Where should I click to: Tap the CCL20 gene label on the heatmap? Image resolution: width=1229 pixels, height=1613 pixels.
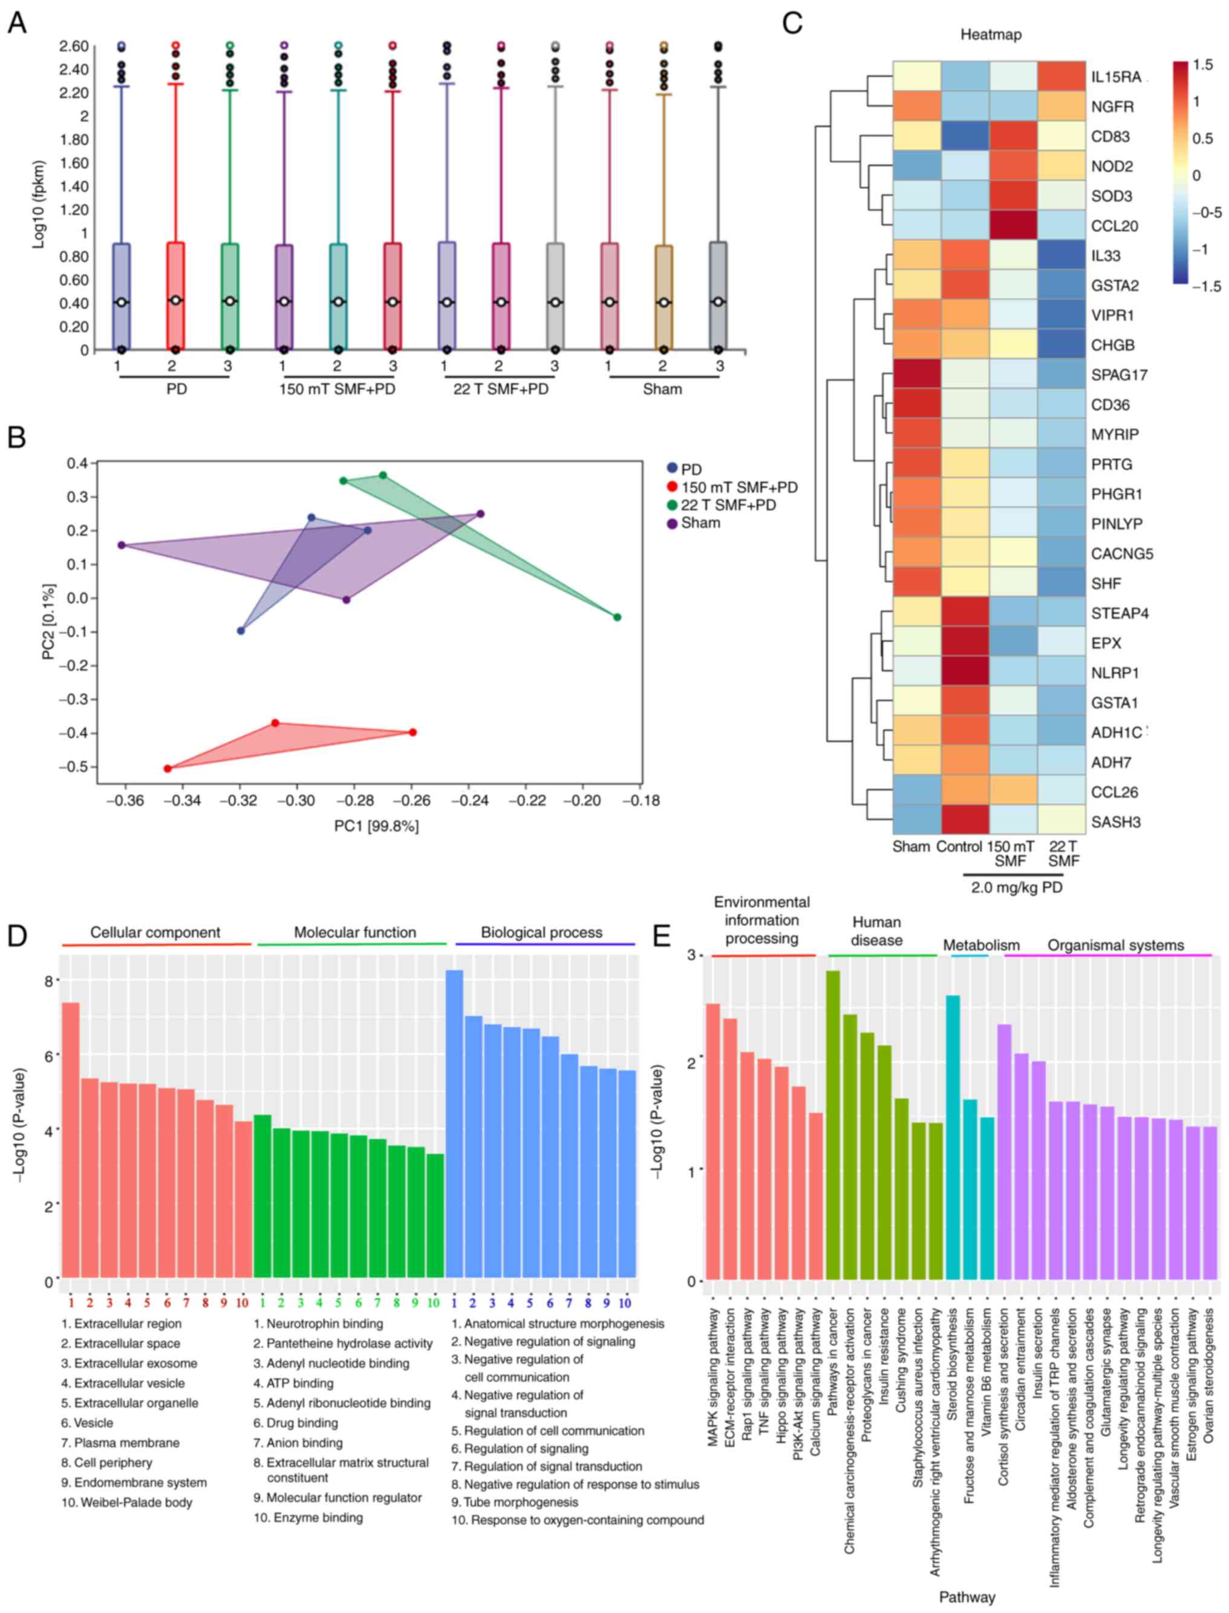[1114, 226]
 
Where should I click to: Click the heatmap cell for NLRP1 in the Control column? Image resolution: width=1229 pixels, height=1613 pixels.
[965, 672]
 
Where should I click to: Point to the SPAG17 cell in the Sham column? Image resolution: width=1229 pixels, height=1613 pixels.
[917, 375]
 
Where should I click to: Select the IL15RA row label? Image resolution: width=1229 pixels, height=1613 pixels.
[1117, 77]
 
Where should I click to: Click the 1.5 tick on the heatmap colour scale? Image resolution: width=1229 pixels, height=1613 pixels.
[1202, 65]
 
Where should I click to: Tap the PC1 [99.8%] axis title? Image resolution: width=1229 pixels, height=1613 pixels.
[376, 826]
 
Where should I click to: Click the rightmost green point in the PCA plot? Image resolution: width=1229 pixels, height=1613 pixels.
[618, 617]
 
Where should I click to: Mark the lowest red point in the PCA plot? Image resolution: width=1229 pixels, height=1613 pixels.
[168, 769]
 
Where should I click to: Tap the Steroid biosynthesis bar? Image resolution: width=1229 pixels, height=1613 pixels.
[953, 1138]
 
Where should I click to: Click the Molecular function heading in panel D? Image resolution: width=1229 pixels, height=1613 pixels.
[355, 932]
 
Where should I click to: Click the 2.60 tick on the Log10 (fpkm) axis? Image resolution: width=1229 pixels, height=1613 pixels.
[74, 46]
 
